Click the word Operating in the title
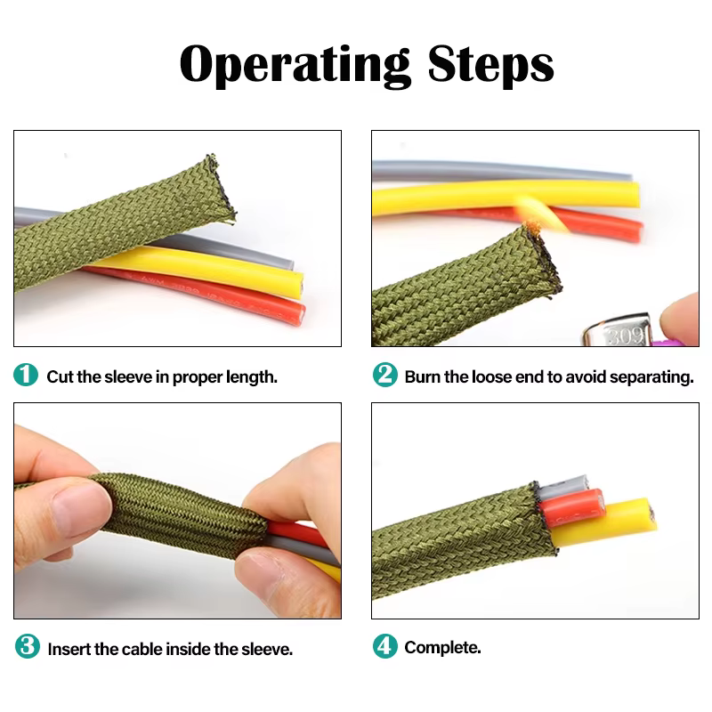295,65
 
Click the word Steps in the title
490,63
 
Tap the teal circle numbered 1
26,375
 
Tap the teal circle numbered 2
385,375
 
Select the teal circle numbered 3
28,646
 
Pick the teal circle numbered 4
385,646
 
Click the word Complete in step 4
441,648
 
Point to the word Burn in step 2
422,376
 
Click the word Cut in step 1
60,376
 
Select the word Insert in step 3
69,650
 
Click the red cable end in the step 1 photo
298,314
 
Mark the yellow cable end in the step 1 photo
297,285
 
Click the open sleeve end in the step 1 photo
222,188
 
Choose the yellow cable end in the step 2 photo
635,194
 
